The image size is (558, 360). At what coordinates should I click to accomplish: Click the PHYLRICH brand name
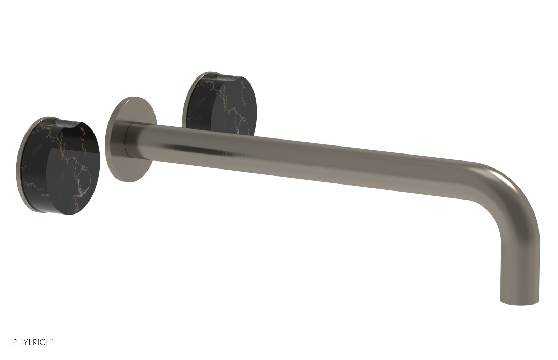[x=33, y=342]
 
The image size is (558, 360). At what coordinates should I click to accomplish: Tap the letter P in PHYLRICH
[x=15, y=342]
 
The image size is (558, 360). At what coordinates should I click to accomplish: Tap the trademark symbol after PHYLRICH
[x=52, y=340]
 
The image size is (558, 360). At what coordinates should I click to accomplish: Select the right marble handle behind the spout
[x=223, y=105]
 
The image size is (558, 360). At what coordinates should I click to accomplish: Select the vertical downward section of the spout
[x=520, y=265]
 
